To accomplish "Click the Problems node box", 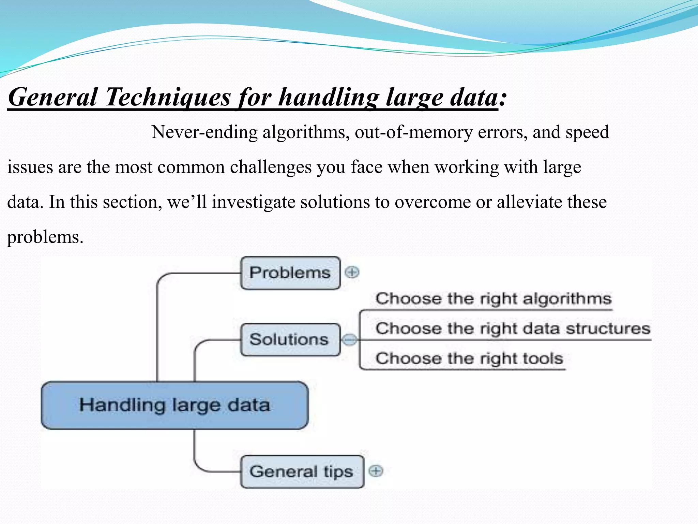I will point(290,273).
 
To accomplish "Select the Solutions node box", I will point(290,340).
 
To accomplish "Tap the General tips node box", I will point(302,472).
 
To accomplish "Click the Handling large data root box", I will point(174,405).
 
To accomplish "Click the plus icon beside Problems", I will point(352,272).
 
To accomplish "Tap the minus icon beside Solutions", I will point(349,340).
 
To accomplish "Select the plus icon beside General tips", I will point(376,471).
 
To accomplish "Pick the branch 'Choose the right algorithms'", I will point(493,299).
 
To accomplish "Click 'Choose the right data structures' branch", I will point(513,329).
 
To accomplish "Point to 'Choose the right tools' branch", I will point(469,359).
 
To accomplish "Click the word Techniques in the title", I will point(168,98).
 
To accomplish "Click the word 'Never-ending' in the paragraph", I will point(204,132).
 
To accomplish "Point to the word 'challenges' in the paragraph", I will point(271,167).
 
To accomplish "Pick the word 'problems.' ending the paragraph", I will point(45,237).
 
